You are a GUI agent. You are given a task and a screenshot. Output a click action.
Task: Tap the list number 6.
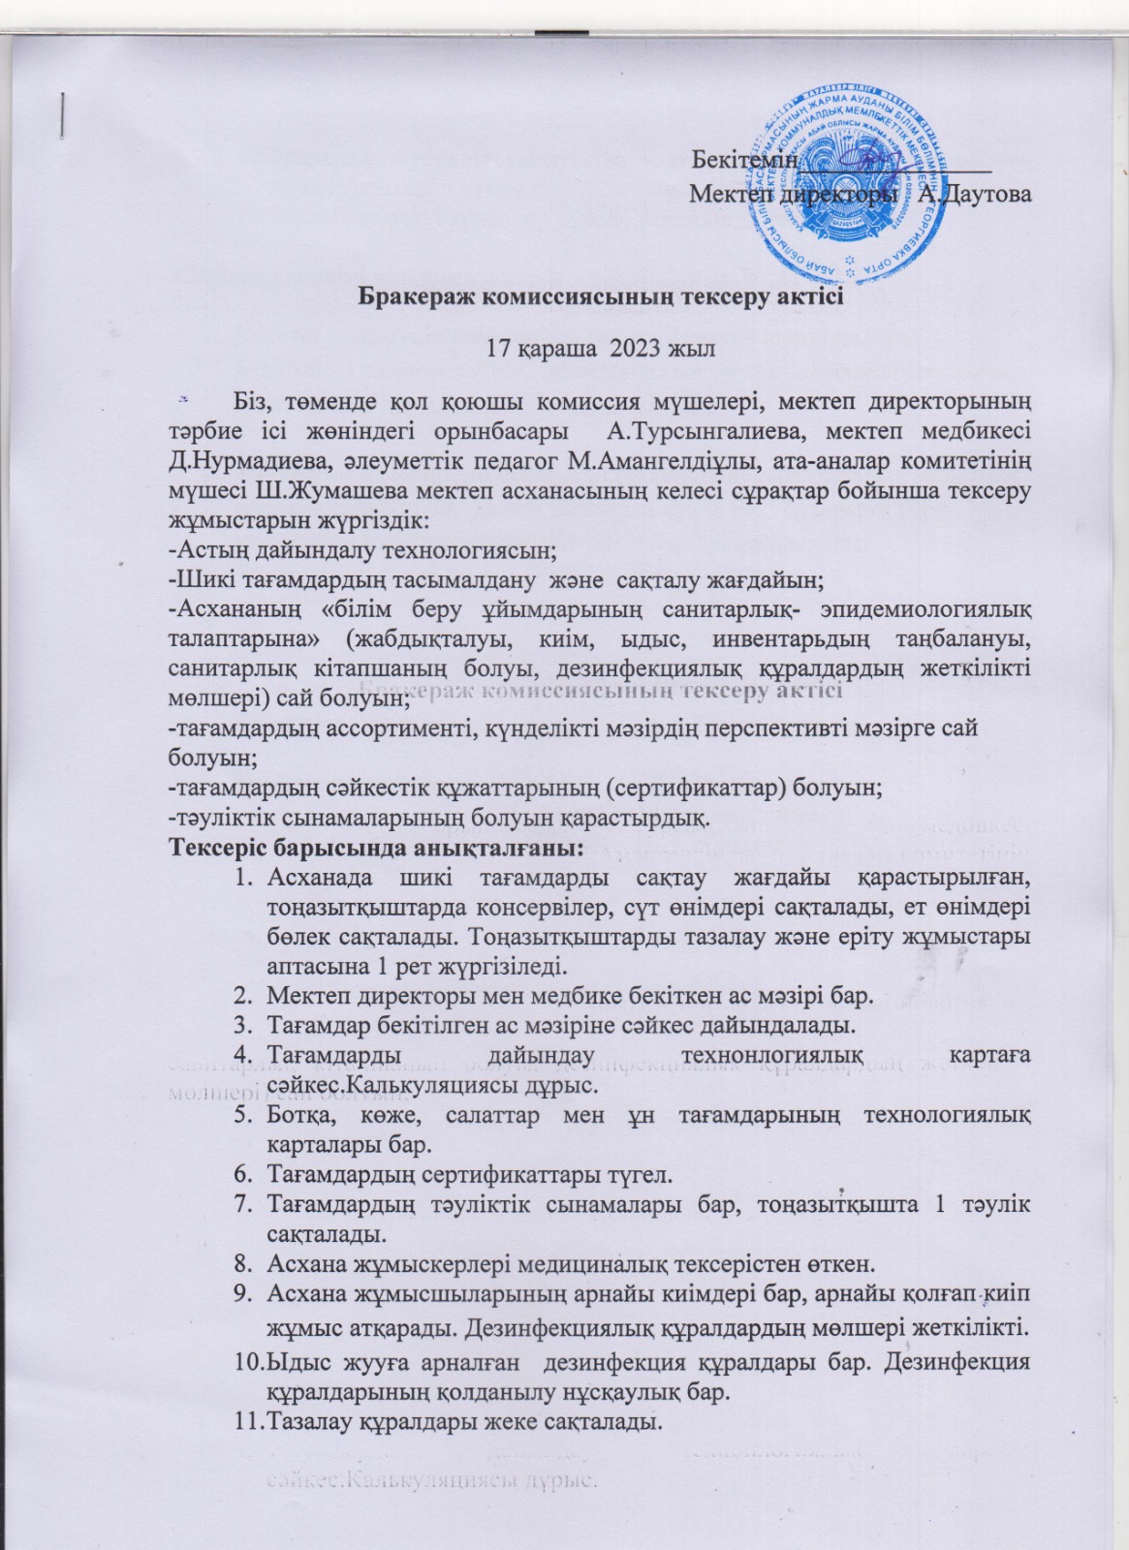tap(246, 1176)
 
